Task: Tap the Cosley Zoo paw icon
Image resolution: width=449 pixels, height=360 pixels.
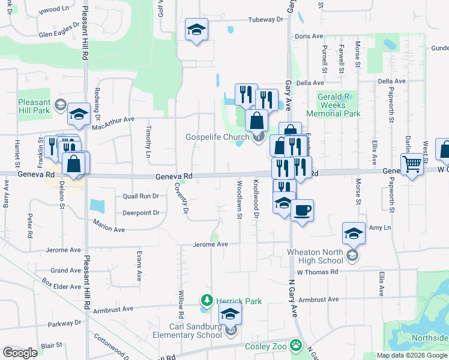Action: point(295,346)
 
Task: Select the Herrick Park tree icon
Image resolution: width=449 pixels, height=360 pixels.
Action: point(206,299)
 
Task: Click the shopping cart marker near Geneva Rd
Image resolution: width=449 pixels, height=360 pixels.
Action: point(412,164)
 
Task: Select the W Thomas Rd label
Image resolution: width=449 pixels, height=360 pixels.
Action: point(318,272)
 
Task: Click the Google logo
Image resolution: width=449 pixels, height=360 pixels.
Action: point(20,353)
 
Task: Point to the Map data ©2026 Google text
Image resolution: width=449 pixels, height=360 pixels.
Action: point(411,355)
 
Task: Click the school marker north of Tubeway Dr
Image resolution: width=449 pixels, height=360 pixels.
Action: point(196,30)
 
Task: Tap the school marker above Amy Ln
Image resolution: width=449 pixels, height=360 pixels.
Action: point(354,233)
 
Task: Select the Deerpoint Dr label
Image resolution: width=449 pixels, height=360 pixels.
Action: point(140,212)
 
